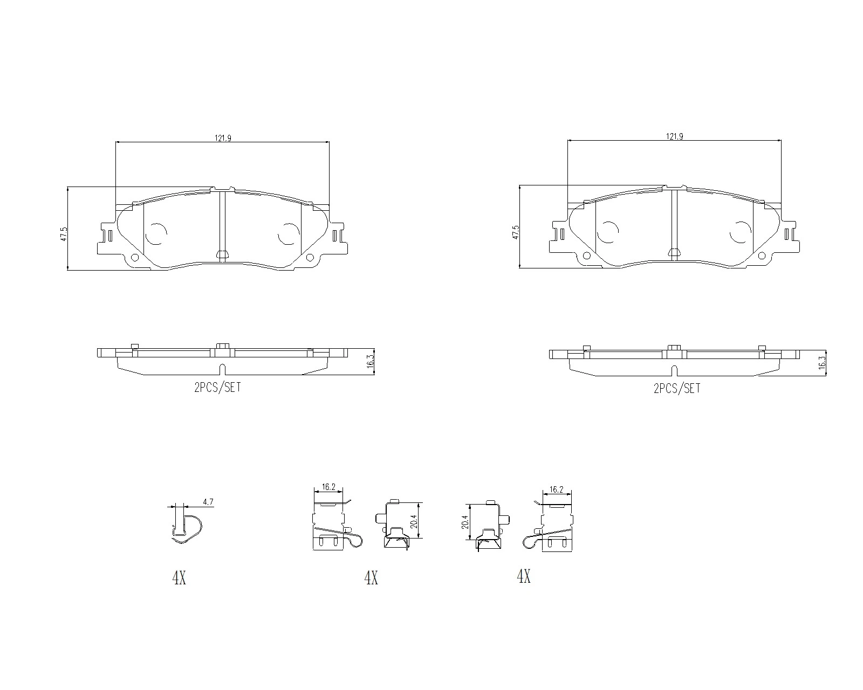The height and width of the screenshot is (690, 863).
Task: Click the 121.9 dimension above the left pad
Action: pos(223,138)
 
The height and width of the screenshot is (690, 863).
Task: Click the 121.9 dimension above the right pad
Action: pos(674,137)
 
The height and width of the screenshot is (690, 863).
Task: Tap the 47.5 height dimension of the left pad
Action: pos(64,234)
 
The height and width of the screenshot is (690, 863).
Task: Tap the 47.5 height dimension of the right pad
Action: pos(516,233)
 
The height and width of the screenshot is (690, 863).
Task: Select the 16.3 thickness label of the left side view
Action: pos(370,361)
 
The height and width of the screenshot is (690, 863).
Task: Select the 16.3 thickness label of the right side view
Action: pos(822,362)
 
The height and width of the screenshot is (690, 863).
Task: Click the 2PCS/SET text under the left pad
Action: pos(217,387)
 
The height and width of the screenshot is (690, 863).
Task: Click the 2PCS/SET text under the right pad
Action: pos(676,388)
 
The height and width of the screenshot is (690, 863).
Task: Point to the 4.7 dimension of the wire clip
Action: pos(208,502)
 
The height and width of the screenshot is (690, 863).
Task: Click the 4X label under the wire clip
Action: pos(179,578)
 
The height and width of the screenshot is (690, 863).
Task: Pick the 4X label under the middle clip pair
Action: pos(371,578)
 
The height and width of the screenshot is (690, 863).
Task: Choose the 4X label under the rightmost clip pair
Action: pos(524,577)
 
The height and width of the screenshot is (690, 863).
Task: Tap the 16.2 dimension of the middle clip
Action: pos(328,487)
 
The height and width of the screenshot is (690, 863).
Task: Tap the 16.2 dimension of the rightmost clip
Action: pos(556,489)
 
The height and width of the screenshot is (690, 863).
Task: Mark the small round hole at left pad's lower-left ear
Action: pos(134,257)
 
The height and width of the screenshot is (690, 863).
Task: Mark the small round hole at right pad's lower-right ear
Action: pos(762,256)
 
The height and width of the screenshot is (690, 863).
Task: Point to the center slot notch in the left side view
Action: pos(222,370)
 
